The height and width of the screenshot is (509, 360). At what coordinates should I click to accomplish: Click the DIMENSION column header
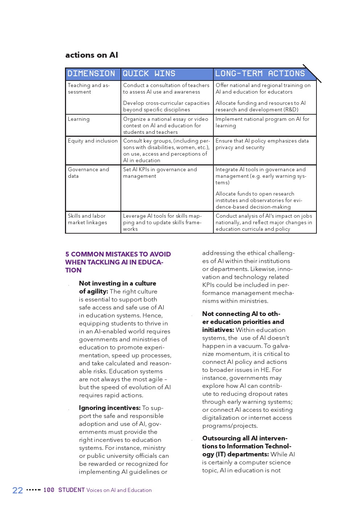click(x=91, y=74)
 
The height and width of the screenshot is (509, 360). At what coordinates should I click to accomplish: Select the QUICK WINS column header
click(x=149, y=74)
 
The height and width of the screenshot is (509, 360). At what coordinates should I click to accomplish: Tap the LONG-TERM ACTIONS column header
click(x=260, y=74)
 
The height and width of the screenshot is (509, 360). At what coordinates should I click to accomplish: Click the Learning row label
click(x=79, y=119)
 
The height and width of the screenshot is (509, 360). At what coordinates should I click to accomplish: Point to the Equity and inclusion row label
click(x=93, y=141)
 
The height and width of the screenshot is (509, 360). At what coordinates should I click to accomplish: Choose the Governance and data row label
click(x=89, y=173)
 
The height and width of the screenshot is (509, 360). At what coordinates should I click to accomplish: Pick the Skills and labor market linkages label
click(x=87, y=219)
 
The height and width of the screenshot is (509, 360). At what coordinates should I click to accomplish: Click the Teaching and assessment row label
click(x=89, y=89)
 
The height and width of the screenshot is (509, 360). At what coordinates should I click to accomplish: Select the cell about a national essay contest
click(x=166, y=126)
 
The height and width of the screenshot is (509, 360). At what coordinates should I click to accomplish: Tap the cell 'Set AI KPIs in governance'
click(x=160, y=173)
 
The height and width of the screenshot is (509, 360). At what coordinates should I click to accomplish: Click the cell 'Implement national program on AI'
click(x=262, y=122)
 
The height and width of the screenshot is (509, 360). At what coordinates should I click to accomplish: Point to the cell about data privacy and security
click(x=262, y=144)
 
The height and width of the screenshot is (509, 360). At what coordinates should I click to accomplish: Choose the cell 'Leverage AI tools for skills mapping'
click(x=162, y=222)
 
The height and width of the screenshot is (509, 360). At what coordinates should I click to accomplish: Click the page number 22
click(x=17, y=490)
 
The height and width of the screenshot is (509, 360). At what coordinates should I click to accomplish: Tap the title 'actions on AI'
click(x=91, y=55)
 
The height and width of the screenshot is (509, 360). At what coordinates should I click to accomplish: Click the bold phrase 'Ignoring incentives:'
click(x=110, y=408)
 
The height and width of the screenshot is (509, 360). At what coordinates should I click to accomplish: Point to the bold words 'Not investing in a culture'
click(x=118, y=283)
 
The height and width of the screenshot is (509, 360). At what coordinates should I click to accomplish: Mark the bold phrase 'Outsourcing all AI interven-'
click(x=245, y=438)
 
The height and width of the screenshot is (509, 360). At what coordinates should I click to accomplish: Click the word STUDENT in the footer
click(x=71, y=490)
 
